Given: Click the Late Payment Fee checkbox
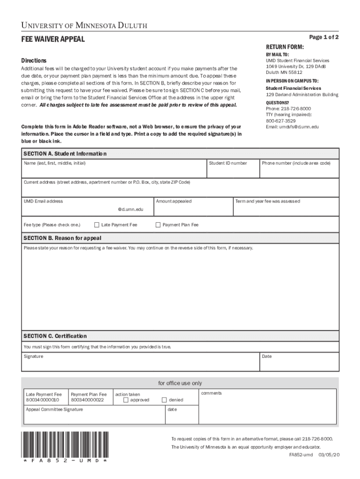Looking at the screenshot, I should (97, 225).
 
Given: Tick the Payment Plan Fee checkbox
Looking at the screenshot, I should (158, 225).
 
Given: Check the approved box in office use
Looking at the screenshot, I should (126, 400).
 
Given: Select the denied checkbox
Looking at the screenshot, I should (164, 400).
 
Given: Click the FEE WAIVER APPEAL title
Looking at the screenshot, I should (53, 39).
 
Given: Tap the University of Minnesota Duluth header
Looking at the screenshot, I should (84, 26).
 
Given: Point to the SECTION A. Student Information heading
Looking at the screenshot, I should (65, 154).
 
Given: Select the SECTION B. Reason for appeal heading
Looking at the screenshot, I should (62, 238).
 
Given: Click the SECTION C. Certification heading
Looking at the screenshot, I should (55, 336).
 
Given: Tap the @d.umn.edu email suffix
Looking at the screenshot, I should (130, 210).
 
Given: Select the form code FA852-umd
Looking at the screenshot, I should (301, 455).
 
